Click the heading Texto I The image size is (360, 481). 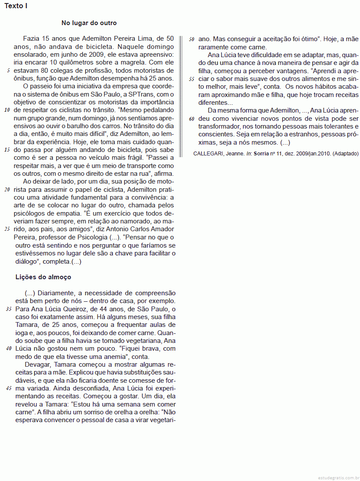[16, 6]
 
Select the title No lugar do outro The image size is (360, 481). [89, 23]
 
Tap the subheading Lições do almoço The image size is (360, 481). [43, 277]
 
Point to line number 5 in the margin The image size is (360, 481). [9, 70]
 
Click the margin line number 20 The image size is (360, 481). [7, 190]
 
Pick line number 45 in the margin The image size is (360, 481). [9, 388]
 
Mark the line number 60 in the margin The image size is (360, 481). [191, 119]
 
